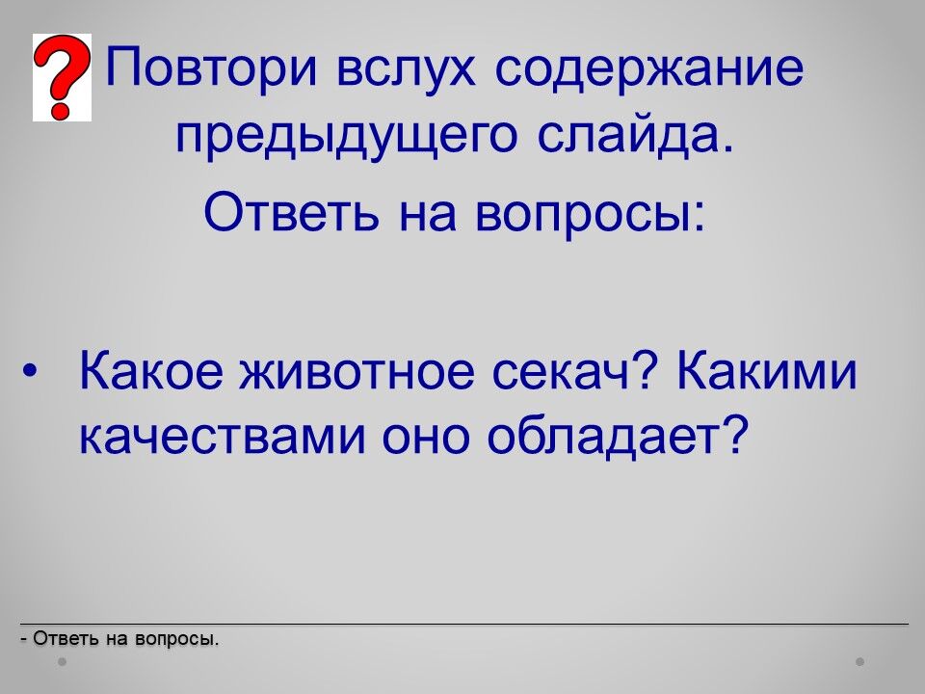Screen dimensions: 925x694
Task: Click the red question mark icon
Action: [62, 77]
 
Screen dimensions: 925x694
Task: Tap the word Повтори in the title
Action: [212, 67]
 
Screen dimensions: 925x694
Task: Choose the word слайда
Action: [636, 136]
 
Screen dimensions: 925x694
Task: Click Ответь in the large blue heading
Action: [291, 211]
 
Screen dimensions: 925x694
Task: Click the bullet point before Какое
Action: [29, 372]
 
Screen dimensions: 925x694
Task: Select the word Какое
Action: [151, 369]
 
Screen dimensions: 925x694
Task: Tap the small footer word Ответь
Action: [66, 638]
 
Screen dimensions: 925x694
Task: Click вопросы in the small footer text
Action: [176, 640]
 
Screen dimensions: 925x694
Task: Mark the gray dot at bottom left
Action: [63, 662]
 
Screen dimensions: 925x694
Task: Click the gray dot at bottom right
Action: [860, 662]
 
